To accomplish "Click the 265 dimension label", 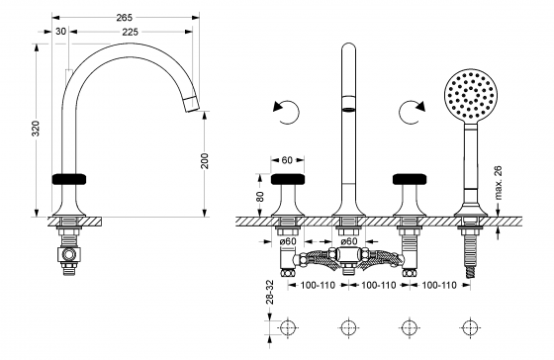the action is (x=124, y=17).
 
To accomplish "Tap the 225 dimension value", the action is (x=130, y=32).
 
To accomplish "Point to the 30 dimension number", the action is (x=60, y=32).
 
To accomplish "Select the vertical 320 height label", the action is (x=36, y=129).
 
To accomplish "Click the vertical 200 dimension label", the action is (x=206, y=161).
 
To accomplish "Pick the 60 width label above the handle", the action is (x=287, y=160).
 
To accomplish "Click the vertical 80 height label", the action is (x=260, y=196).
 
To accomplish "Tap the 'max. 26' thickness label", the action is (x=499, y=183).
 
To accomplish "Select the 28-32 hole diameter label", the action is (x=269, y=292).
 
